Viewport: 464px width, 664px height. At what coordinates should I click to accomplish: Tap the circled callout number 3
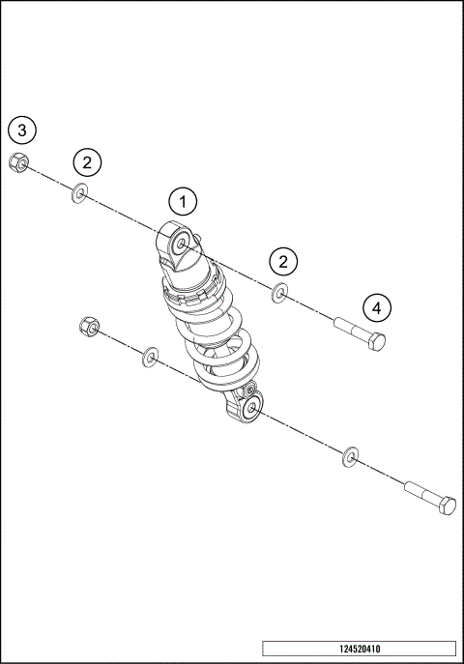(24, 129)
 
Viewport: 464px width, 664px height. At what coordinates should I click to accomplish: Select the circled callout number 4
(378, 307)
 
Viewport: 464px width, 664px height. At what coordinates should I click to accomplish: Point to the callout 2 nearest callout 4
(282, 261)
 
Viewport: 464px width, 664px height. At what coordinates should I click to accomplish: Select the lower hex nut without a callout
(86, 328)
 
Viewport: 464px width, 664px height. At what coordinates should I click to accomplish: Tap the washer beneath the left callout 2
(78, 195)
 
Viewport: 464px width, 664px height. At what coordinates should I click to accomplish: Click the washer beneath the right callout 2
(279, 293)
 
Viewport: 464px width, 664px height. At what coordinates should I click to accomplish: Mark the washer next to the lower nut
(150, 359)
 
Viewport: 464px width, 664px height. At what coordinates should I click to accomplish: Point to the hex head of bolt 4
(378, 341)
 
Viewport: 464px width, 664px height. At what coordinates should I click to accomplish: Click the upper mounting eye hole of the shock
(181, 243)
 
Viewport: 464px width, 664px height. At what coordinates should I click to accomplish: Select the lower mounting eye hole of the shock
(251, 410)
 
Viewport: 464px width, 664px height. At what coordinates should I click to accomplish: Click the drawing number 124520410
(359, 649)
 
